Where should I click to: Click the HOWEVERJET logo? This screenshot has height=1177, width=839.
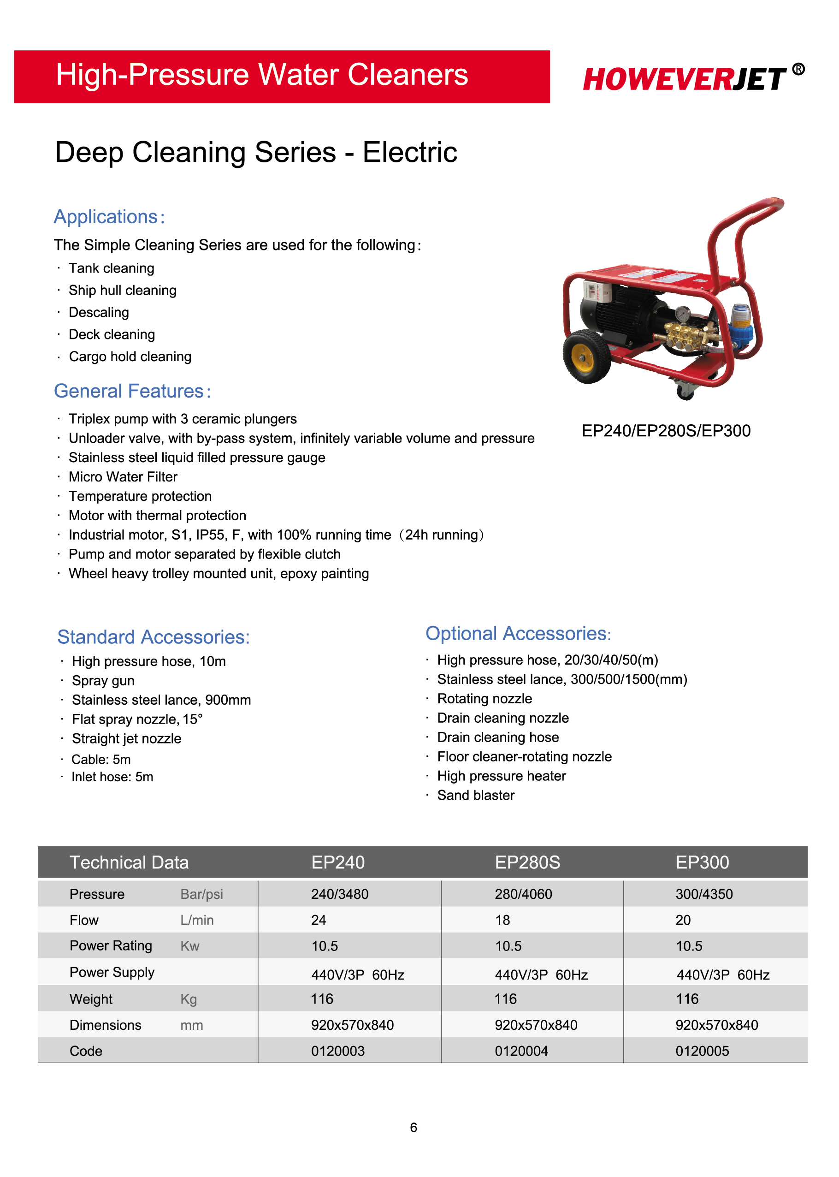coord(685,79)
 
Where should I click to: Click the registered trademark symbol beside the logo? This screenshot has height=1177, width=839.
coord(798,69)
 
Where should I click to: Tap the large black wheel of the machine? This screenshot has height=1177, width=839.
coord(586,357)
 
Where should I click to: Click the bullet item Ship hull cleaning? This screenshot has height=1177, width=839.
coord(123,291)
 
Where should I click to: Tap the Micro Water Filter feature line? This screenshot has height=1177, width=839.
coord(123,476)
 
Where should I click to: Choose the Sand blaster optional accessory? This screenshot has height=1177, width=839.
coord(476,795)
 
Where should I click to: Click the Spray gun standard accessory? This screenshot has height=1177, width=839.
coord(103,680)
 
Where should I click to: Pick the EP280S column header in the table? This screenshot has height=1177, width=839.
coord(527,862)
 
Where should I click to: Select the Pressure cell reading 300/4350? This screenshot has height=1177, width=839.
coord(703,894)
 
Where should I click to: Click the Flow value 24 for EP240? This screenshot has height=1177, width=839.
coord(319,920)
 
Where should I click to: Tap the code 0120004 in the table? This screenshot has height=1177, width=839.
coord(521,1051)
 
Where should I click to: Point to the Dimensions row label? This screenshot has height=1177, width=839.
coord(106,1025)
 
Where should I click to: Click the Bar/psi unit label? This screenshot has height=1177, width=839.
coord(201,894)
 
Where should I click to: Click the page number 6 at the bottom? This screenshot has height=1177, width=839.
coord(414,1127)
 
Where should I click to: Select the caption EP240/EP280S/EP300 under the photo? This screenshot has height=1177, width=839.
coord(666,431)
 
